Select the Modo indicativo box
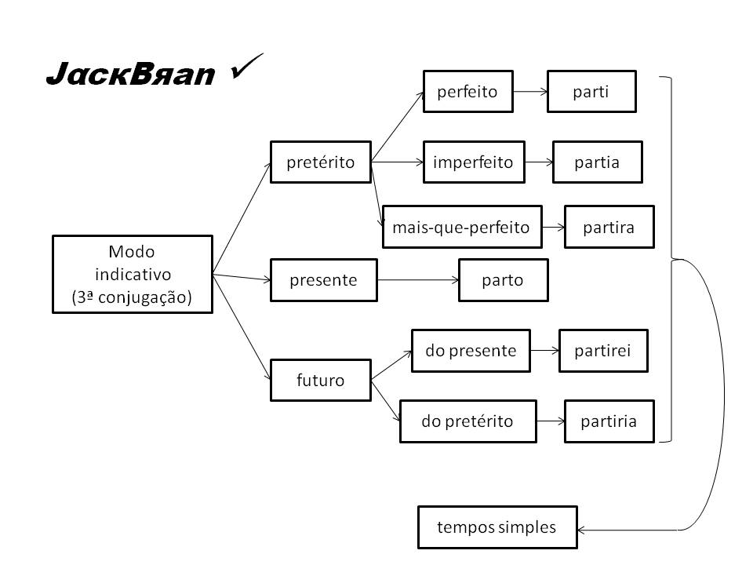coord(132,275)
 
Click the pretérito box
coord(320,162)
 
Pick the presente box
coord(323,280)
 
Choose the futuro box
coord(320,381)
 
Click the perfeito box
coord(467,92)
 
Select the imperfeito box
coord(473,162)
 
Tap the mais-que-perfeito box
coord(461,228)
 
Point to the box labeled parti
coord(591,92)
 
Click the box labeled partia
coord(597,162)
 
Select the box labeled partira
coord(608,228)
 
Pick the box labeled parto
coord(503,280)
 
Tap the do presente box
coord(471,351)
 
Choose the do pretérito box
coord(467,421)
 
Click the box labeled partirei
coord(604,351)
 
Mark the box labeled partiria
coord(609,421)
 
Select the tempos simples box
coord(497,527)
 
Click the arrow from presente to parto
coord(418,280)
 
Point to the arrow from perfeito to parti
coord(529,92)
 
